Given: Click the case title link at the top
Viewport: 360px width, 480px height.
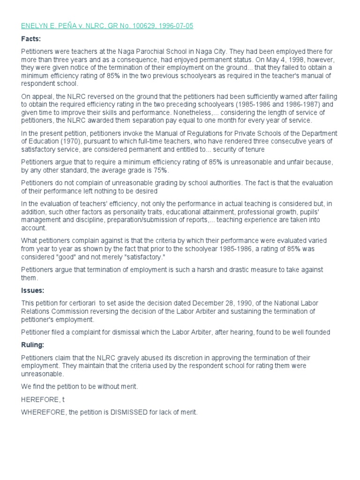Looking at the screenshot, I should [x=107, y=26].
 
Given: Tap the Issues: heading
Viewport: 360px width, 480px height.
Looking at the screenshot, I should [x=33, y=291].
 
